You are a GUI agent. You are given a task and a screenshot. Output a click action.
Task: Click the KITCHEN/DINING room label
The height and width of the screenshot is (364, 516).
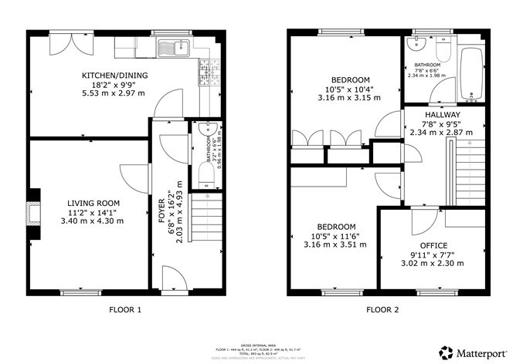pyautogui.click(x=115, y=75)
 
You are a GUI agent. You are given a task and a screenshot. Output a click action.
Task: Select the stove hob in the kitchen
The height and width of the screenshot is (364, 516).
pyautogui.click(x=206, y=72)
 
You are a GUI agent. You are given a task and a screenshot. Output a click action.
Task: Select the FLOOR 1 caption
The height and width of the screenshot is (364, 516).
pyautogui.click(x=124, y=310)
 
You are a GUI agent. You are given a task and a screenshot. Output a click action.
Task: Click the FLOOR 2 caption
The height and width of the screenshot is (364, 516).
pyautogui.click(x=382, y=310)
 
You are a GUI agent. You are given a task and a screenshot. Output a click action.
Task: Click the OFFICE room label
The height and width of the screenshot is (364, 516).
pyautogui.click(x=433, y=245)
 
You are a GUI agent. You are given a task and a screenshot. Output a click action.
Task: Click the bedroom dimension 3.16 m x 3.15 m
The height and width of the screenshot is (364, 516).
pyautogui.click(x=350, y=98)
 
